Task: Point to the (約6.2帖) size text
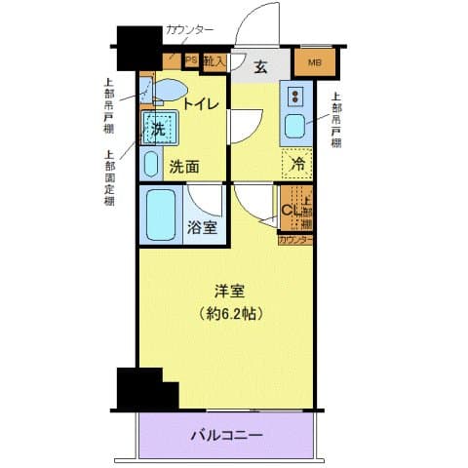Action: coord(230,314)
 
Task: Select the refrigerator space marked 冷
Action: coord(298,163)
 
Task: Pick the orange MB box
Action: coord(314,64)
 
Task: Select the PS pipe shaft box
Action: coord(190,60)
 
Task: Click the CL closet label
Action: coord(290,209)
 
